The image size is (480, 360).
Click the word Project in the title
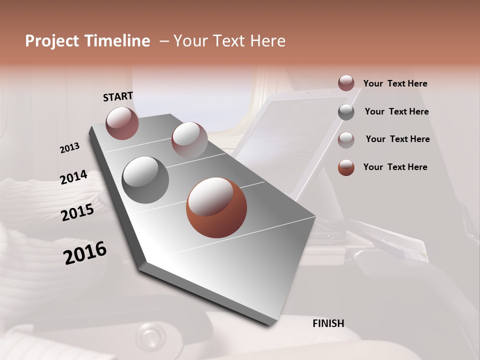[x=51, y=41]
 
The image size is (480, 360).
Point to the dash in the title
[x=163, y=41]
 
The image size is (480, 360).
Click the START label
[x=118, y=96]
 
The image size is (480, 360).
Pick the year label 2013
[x=69, y=148]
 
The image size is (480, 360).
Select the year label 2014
[x=73, y=177]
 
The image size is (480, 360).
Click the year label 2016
[x=85, y=253]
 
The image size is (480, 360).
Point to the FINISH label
[x=328, y=323]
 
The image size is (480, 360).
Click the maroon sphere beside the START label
[x=122, y=123]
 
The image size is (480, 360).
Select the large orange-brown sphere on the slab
[x=216, y=207]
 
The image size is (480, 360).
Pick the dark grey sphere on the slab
[x=145, y=180]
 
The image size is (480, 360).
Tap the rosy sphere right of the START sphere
[x=189, y=140]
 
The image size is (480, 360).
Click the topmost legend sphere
[x=346, y=83]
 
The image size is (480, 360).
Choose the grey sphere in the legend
[x=346, y=112]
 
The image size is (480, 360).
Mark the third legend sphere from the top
[x=346, y=140]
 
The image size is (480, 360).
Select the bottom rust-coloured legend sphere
[x=346, y=167]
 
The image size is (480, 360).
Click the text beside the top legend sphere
[x=395, y=84]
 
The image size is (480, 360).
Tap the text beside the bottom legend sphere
[x=395, y=167]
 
